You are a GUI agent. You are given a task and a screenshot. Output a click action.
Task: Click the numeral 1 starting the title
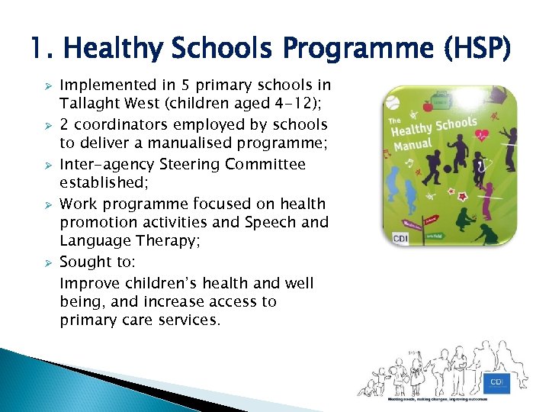(x=38, y=50)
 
